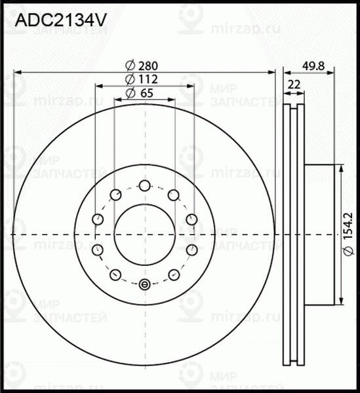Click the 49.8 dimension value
314,65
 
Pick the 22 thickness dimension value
294,84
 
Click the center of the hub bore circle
145,234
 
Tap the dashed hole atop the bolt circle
145,185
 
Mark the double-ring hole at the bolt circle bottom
145,284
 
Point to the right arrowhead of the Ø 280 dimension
274,71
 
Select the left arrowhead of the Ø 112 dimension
98,85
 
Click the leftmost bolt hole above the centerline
98,219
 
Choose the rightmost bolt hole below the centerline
192,250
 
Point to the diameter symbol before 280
129,65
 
